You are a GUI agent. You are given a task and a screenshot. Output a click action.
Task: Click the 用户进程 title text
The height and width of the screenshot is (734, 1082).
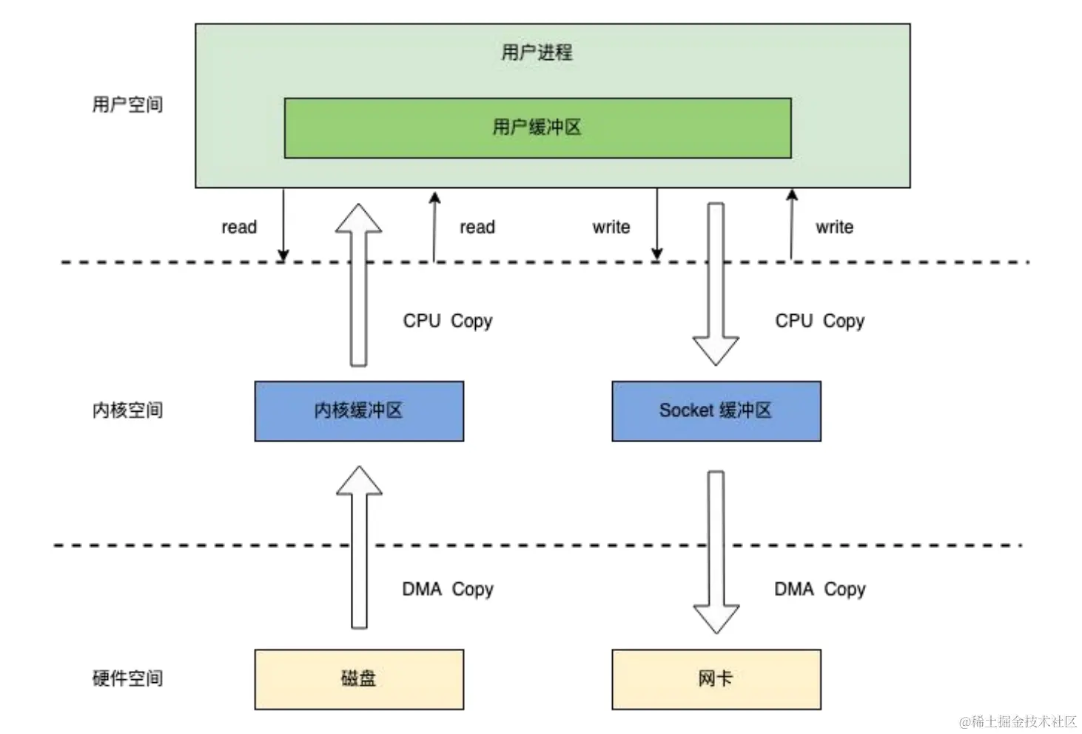[537, 53]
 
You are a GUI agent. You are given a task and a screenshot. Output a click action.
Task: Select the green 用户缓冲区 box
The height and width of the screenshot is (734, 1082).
[537, 128]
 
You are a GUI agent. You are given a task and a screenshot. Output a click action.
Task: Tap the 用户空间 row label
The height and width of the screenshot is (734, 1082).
[127, 104]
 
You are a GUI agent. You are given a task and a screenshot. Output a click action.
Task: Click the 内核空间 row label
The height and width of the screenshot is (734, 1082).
[127, 410]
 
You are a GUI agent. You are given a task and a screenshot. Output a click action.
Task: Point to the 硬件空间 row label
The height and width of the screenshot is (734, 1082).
[127, 678]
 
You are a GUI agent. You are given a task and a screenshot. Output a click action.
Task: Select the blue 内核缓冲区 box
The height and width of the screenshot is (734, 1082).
[359, 411]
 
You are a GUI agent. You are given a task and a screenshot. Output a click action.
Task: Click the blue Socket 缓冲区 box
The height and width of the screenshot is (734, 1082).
[716, 411]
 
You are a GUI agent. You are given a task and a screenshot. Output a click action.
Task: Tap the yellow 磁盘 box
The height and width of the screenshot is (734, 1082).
[359, 679]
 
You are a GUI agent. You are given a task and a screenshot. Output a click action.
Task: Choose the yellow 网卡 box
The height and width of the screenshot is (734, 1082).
[716, 679]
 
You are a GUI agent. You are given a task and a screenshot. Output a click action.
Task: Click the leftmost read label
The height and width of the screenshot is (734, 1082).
[239, 227]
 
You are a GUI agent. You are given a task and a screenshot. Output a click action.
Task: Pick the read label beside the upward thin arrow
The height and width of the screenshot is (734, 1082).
[477, 227]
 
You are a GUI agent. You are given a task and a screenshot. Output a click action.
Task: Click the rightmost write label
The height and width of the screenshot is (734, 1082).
[834, 227]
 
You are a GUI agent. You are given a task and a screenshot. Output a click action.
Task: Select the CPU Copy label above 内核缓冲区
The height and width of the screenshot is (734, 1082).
[447, 321]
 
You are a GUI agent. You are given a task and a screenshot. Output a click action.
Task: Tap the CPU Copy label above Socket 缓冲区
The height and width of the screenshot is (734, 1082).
[819, 321]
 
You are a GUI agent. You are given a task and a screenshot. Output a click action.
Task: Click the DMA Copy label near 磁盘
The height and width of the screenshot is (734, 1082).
[447, 590]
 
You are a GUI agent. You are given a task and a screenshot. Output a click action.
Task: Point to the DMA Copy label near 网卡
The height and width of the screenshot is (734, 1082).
[819, 590]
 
